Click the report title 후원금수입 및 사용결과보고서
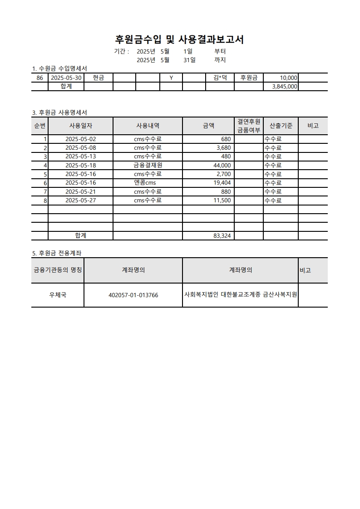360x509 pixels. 179,39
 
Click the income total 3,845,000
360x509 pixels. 284,87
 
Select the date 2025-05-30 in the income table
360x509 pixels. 66,78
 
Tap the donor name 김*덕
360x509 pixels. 220,78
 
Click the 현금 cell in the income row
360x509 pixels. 99,78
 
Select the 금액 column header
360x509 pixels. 208,126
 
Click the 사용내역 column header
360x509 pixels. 148,126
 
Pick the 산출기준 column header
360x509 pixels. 281,126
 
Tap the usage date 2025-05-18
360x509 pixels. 81,165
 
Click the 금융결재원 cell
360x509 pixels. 148,165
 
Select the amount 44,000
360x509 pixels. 222,165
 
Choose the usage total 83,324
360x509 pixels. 222,236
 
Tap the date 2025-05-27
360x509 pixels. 81,200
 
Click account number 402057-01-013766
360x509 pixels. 133,295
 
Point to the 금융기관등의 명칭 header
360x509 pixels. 58,270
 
